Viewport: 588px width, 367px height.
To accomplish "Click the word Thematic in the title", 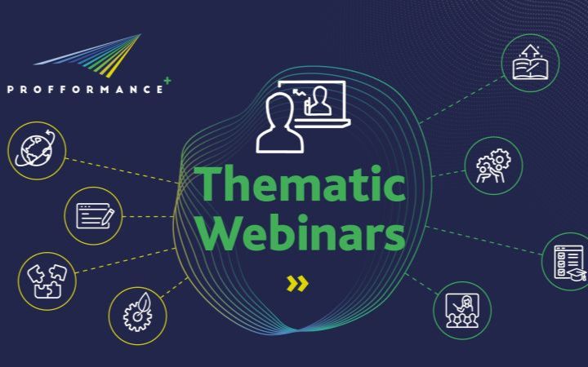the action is point(300,183).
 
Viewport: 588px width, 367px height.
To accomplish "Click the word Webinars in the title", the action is point(303,232).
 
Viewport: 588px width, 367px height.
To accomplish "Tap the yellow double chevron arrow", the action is point(297,284).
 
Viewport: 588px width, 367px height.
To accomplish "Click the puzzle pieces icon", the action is point(47,281).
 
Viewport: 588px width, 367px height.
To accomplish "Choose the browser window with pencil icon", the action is point(95,216).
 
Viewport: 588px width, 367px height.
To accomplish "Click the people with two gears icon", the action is point(493,166).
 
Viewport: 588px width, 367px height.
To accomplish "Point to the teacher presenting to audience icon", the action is point(462,311).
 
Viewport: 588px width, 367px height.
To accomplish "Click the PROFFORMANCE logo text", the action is point(86,90).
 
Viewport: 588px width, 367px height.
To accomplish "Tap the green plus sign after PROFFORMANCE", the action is point(167,81).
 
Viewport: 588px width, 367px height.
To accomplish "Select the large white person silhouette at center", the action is point(280,123).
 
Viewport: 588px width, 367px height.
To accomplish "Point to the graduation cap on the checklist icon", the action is point(577,274).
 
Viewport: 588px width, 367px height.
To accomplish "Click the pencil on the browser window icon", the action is point(108,217).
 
